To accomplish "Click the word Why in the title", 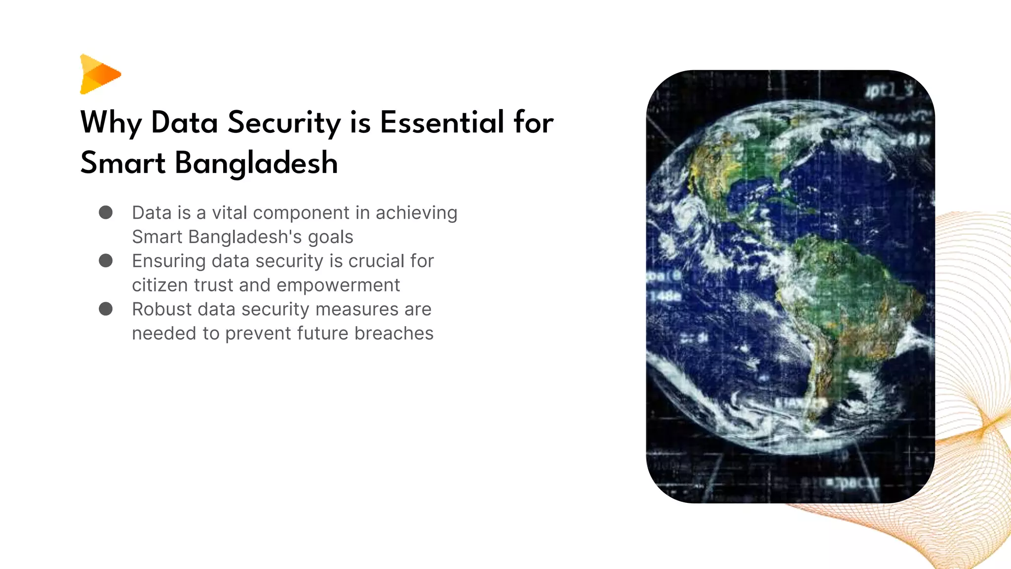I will point(111,122).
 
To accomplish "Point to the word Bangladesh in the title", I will point(256,163).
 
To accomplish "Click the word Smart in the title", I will point(123,163).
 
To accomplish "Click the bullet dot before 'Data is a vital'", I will point(106,212).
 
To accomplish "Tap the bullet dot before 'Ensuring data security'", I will point(106,261).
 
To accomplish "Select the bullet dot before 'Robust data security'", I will point(106,309).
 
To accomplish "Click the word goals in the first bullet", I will point(330,237).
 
